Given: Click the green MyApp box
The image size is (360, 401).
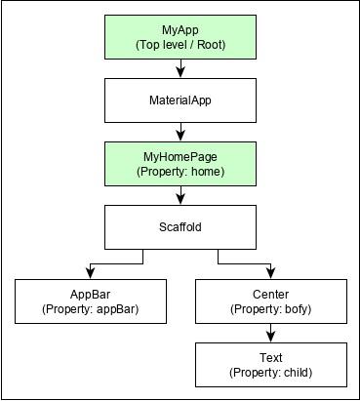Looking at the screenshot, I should click(180, 38).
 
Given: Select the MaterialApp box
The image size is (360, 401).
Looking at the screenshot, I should click(180, 100).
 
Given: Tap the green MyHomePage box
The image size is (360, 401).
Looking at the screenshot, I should click(180, 163).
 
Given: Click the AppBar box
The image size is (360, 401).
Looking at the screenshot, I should click(90, 301).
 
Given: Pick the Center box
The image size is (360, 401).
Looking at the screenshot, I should click(271, 301).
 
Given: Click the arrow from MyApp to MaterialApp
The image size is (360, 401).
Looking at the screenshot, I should click(180, 69).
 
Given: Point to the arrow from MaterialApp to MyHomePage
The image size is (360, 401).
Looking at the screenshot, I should click(180, 132).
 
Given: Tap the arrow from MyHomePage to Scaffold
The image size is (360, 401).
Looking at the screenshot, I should click(180, 194).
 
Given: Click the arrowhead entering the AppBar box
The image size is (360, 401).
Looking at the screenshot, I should click(90, 273).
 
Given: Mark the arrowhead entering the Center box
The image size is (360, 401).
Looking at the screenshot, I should click(271, 273).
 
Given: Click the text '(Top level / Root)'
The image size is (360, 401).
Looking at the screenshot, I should click(180, 46).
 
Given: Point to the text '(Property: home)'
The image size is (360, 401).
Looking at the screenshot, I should click(180, 172).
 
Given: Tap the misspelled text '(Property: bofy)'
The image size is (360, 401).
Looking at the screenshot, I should click(271, 309).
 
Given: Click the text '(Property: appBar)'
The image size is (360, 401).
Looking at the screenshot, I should click(90, 309).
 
